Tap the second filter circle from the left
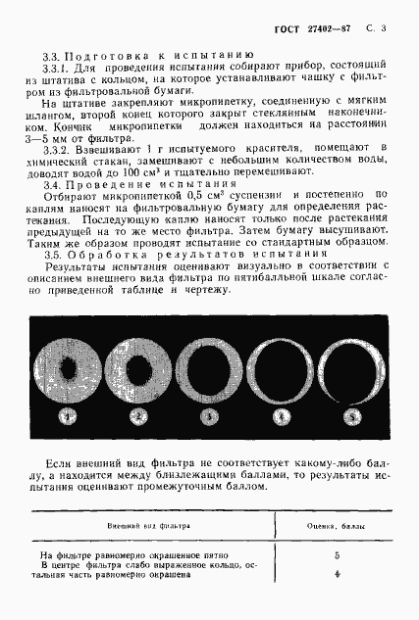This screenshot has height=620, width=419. point(138,367)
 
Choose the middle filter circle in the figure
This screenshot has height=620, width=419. point(209,367)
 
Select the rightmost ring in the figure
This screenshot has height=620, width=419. point(350,367)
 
